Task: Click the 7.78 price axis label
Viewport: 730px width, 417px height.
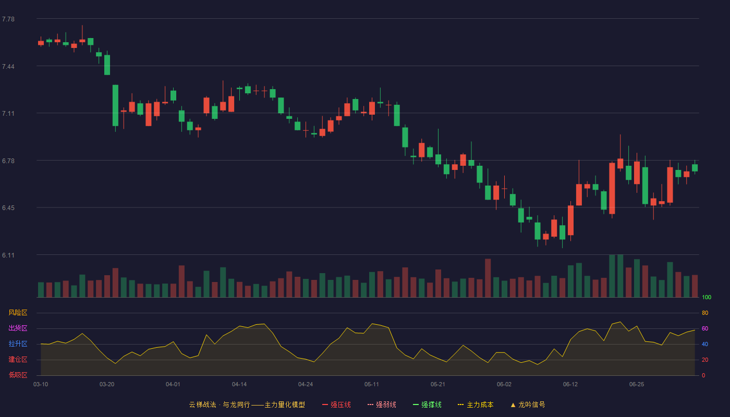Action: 8,19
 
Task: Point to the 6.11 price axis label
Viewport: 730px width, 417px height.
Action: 8,255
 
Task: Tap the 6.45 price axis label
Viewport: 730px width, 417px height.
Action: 8,208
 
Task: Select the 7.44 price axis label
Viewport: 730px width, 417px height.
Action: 8,67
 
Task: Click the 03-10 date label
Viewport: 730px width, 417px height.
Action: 41,385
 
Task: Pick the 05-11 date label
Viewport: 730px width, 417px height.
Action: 371,385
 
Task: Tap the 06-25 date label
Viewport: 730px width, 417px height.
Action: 637,385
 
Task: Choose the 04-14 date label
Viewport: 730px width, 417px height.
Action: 239,385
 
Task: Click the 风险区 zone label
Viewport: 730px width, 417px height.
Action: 18,313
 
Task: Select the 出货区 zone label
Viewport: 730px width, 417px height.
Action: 18,328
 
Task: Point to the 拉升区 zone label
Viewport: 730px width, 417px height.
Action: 18,344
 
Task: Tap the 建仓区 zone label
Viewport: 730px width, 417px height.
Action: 18,359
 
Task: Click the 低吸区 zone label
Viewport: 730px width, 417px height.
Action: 18,375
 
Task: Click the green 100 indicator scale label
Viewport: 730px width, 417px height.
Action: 707,297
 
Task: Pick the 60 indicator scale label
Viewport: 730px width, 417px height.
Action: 705,328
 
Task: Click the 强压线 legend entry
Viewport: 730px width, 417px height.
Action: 336,404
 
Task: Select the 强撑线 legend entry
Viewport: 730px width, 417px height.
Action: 427,404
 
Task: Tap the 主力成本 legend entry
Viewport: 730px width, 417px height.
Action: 476,404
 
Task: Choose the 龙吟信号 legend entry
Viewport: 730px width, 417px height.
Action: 528,404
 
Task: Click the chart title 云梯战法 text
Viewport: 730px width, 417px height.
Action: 202,404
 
